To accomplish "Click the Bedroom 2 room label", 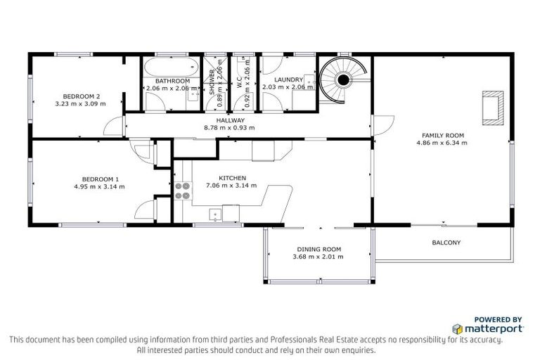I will [x=82, y=96].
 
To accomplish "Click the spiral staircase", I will [x=342, y=80].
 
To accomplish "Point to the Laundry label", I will [x=288, y=80].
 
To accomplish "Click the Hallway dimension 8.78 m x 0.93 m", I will [x=229, y=128].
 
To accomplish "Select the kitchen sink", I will [x=217, y=214].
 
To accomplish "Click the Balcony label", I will [x=446, y=243].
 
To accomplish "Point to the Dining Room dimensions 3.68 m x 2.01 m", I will [x=319, y=257].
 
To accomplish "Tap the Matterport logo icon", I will [x=457, y=328].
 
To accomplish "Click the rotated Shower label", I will [x=212, y=84].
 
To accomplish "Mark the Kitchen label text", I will [x=231, y=178].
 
